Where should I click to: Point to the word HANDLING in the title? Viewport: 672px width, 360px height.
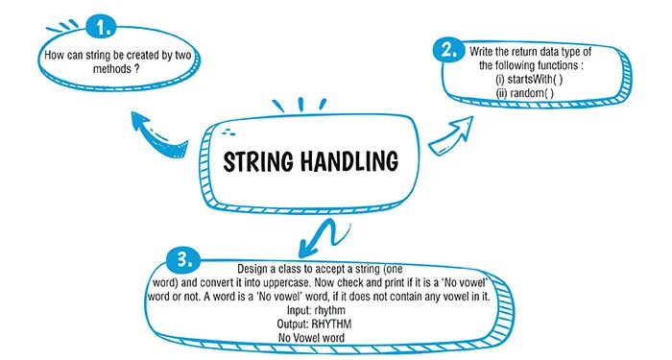(x=349, y=159)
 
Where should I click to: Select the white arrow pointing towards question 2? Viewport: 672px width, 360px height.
(x=451, y=134)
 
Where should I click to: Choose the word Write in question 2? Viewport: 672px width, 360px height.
(x=483, y=50)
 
